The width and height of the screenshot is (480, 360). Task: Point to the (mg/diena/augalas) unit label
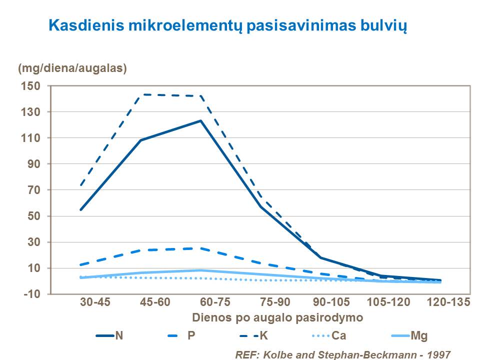pyautogui.click(x=72, y=68)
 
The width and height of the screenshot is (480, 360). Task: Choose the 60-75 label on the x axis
pyautogui.click(x=200, y=303)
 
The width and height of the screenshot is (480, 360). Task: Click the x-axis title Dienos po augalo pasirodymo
pyautogui.click(x=277, y=317)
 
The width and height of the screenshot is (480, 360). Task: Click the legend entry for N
pyautogui.click(x=119, y=335)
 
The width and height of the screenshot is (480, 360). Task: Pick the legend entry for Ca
pyautogui.click(x=338, y=335)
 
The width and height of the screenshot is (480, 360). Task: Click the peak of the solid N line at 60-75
pyautogui.click(x=200, y=120)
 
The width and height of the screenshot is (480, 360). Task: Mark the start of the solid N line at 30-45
pyautogui.click(x=81, y=209)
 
